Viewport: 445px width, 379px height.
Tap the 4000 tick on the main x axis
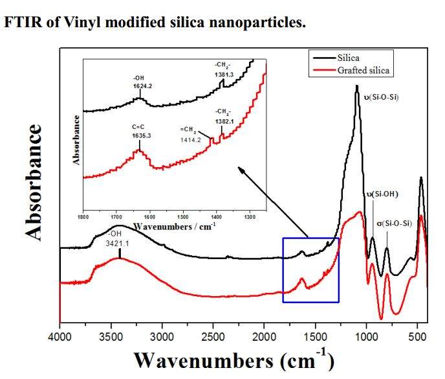[x=60, y=337]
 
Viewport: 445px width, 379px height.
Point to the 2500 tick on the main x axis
[x=213, y=337]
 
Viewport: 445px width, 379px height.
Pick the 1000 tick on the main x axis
[x=367, y=337]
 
